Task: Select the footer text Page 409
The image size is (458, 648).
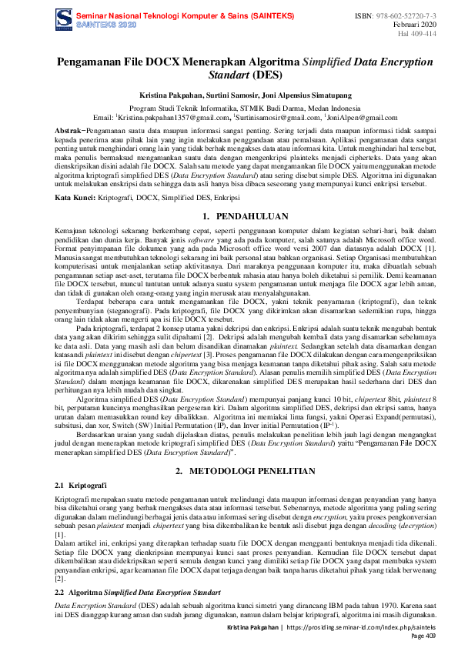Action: coord(425,636)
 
